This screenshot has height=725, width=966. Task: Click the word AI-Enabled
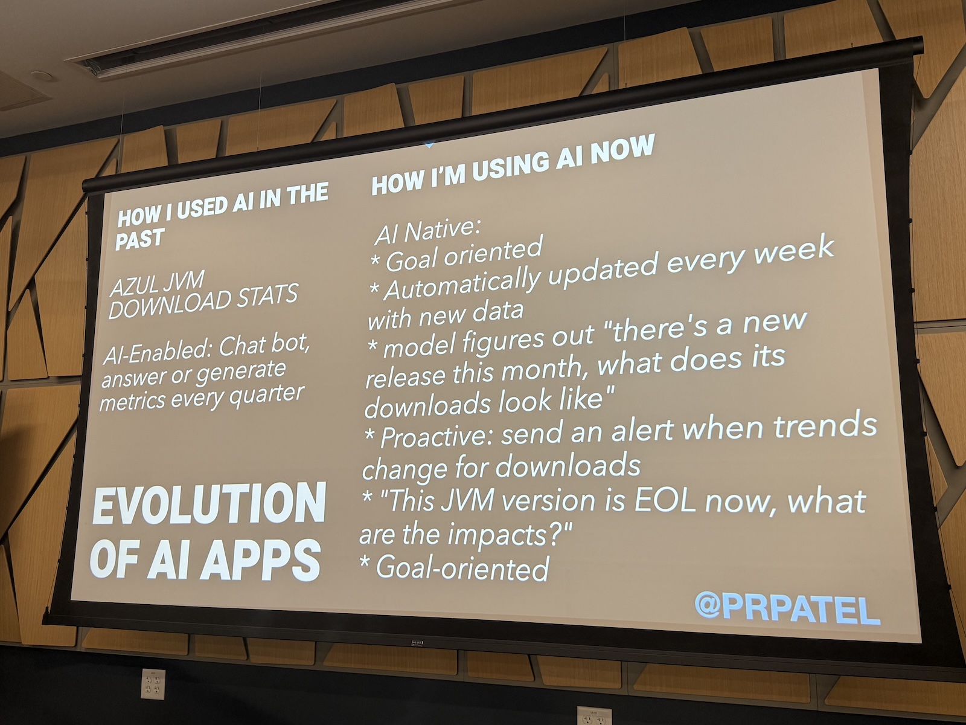point(157,358)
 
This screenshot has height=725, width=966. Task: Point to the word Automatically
point(462,285)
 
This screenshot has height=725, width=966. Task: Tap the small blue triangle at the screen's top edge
point(429,144)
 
